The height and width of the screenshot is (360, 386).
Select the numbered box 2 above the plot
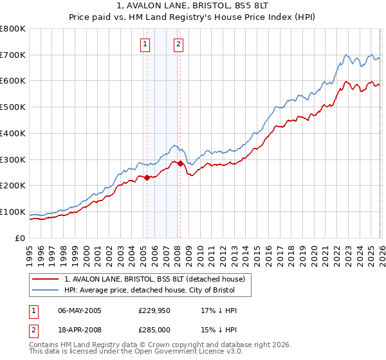pos(178,44)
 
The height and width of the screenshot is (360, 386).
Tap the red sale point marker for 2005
pos(147,177)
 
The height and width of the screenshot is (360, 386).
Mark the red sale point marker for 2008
pos(180,163)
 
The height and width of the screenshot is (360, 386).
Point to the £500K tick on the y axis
pos(13,107)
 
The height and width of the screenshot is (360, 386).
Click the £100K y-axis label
pos(13,212)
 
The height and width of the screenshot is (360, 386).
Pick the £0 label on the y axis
pos(21,238)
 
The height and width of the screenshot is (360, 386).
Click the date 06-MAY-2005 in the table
pos(80,310)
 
